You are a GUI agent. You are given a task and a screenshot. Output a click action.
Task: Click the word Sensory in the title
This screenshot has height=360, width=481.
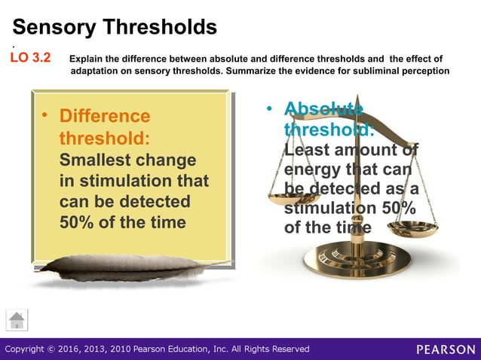point(57,28)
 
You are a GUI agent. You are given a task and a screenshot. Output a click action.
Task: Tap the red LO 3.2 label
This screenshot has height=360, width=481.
point(30,58)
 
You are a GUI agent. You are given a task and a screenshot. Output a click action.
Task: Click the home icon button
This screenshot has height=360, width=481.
point(17,319)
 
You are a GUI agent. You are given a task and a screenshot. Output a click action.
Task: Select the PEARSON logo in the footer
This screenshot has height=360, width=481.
point(446,349)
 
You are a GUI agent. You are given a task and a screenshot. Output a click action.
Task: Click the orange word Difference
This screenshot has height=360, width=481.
point(105,117)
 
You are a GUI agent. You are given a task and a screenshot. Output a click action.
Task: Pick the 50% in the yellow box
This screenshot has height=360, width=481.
point(78,223)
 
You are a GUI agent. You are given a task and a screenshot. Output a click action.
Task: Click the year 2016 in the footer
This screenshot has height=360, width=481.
point(85,349)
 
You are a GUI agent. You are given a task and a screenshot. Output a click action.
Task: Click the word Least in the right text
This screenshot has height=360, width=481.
point(307,149)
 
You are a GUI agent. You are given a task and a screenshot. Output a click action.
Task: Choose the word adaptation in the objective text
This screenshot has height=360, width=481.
point(98,71)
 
